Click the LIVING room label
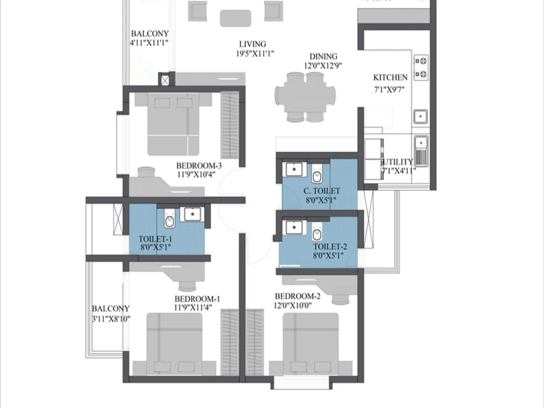(252, 44)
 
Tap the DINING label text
(323, 56)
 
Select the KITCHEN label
(390, 77)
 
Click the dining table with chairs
(305, 97)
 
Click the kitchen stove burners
(421, 68)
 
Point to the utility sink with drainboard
(421, 150)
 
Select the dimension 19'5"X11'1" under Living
(255, 54)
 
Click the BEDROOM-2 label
(297, 296)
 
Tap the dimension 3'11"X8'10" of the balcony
(111, 319)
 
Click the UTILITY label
(398, 162)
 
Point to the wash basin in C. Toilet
(293, 169)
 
